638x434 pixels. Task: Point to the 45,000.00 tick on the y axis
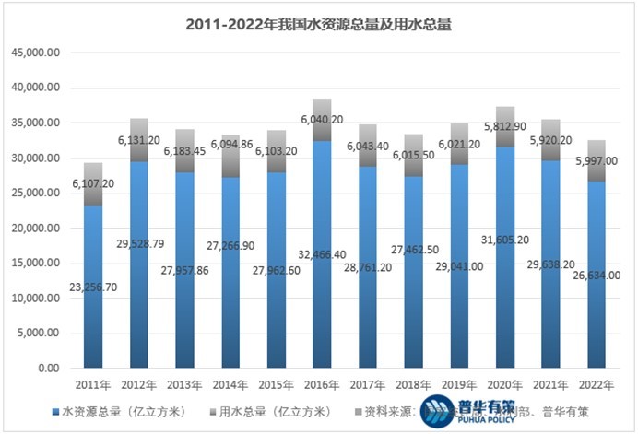point(37,53)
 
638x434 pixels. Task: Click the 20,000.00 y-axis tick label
point(37,229)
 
